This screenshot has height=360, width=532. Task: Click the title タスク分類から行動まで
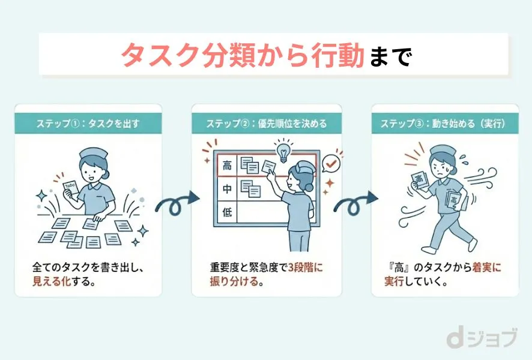266,55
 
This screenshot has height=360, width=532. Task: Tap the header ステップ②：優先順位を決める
267,124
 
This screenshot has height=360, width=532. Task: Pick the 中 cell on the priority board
227,189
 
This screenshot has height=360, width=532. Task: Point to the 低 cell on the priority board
227,212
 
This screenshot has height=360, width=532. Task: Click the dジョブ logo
481,339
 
